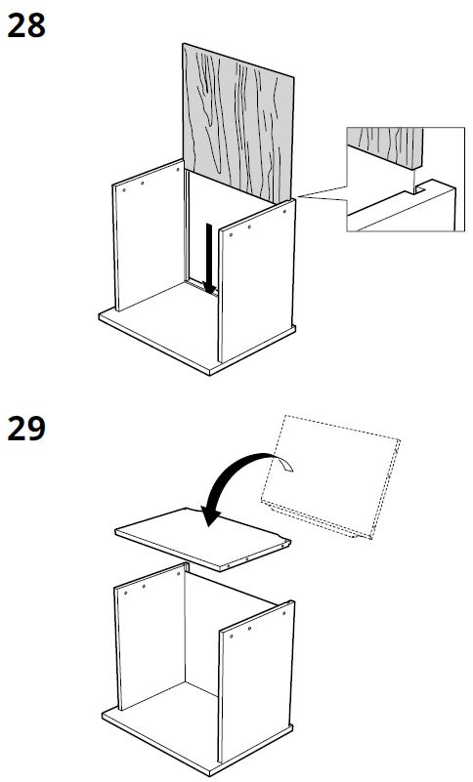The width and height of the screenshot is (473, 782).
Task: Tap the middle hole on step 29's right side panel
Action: [241, 633]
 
